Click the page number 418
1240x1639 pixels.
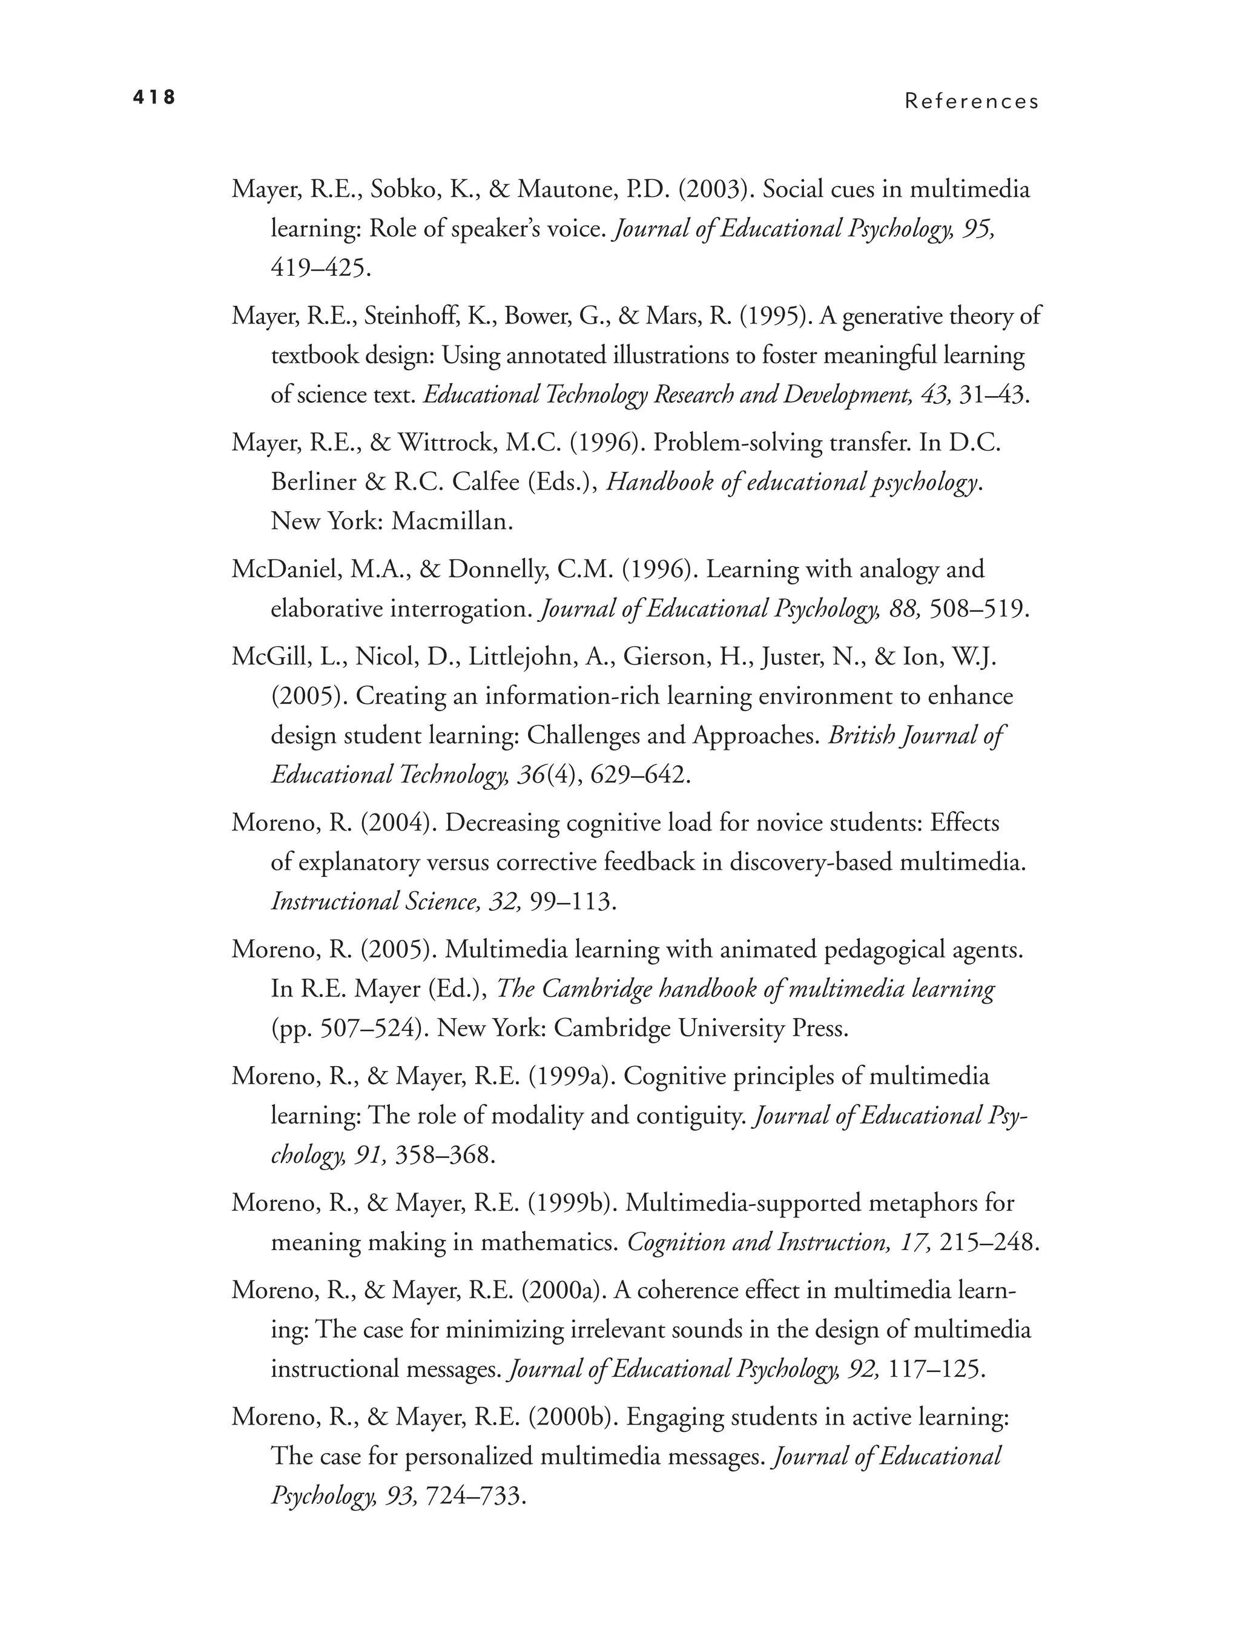click(x=154, y=97)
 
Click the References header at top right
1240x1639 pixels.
click(x=971, y=102)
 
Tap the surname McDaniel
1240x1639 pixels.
click(x=280, y=570)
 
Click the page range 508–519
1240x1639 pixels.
click(x=978, y=609)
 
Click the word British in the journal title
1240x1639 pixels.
click(x=859, y=736)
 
